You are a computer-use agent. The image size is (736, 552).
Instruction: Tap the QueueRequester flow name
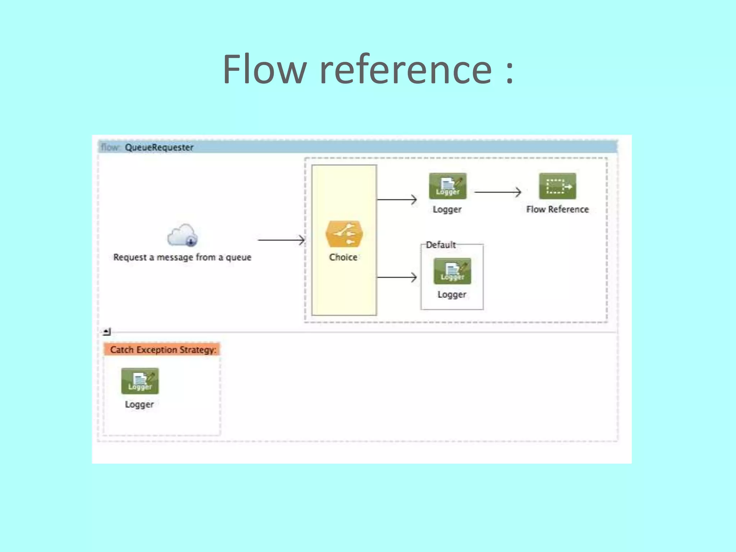159,147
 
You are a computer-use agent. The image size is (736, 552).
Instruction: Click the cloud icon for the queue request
183,236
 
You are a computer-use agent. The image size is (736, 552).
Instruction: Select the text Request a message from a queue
182,257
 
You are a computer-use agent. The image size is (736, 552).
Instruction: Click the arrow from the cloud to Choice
281,240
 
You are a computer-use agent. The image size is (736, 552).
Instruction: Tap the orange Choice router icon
344,234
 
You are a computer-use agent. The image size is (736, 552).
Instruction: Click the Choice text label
343,257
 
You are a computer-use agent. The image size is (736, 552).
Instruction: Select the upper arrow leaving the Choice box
397,199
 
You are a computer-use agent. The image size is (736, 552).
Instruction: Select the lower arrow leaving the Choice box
397,277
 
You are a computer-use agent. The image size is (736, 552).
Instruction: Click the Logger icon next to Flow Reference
447,186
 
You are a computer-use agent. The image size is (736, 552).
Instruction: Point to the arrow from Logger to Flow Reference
497,192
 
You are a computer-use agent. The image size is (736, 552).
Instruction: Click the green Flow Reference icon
557,186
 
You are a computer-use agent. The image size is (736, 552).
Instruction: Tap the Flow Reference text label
557,210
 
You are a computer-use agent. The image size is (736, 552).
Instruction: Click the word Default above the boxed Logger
441,245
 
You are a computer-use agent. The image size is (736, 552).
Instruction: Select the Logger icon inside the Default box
452,271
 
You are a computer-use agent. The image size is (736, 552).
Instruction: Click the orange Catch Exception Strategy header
162,350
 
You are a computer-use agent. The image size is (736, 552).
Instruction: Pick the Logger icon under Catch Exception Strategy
140,381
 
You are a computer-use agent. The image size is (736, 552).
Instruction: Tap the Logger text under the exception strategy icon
139,404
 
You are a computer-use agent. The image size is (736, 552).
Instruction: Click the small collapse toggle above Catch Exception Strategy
107,331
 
